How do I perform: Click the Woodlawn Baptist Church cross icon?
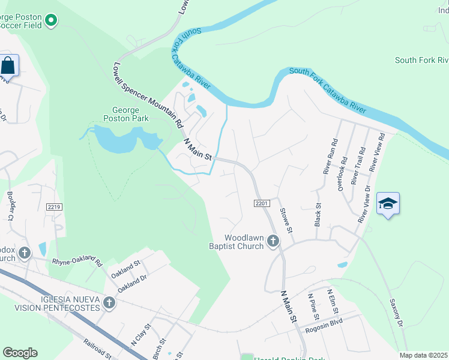pyautogui.click(x=273, y=241)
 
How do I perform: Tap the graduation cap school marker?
pyautogui.click(x=388, y=204)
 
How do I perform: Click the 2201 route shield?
pyautogui.click(x=260, y=204)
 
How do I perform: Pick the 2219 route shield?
pyautogui.click(x=54, y=207)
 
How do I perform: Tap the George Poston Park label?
pyautogui.click(x=126, y=114)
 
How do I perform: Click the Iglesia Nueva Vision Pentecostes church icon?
pyautogui.click(x=109, y=302)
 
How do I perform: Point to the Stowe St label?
pyautogui.click(x=286, y=220)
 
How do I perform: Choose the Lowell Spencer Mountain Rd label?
pyautogui.click(x=147, y=95)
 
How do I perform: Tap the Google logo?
pyautogui.click(x=20, y=353)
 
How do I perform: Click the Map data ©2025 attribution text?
pyautogui.click(x=423, y=355)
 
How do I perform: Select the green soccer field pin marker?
pyautogui.click(x=52, y=21)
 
